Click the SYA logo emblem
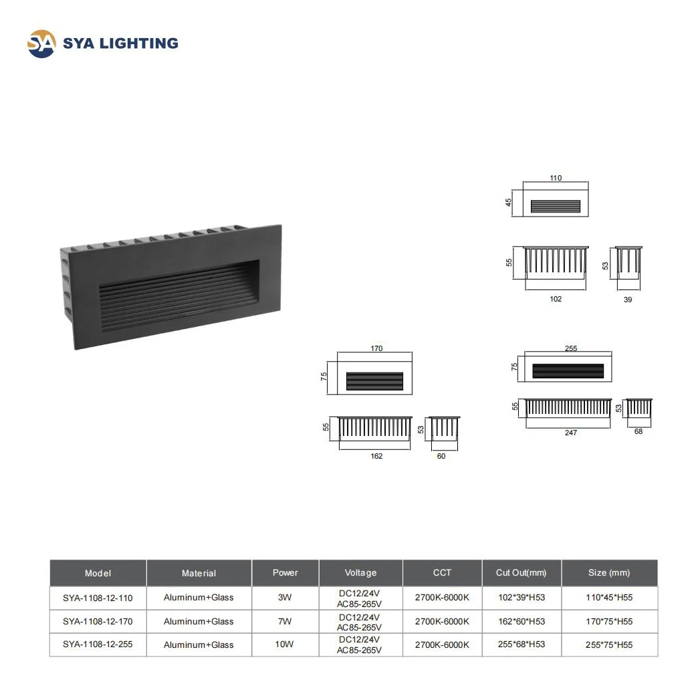[x=41, y=43]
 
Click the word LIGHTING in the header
[x=140, y=44]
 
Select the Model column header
[x=98, y=573]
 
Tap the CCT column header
[x=442, y=572]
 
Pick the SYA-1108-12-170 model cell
[x=98, y=621]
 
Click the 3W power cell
[x=285, y=597]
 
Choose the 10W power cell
[x=285, y=645]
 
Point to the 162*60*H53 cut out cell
[x=521, y=621]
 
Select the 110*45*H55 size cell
[x=609, y=597]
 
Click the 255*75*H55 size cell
[x=609, y=645]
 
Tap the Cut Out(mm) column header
[x=521, y=572]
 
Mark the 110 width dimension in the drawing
[x=556, y=178]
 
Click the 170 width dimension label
[x=376, y=348]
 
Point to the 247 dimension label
[x=570, y=433]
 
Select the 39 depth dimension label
[x=628, y=300]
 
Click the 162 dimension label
[x=376, y=456]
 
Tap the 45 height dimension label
[x=509, y=201]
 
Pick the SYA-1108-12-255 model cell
[x=98, y=645]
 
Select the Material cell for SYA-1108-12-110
[x=199, y=597]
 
